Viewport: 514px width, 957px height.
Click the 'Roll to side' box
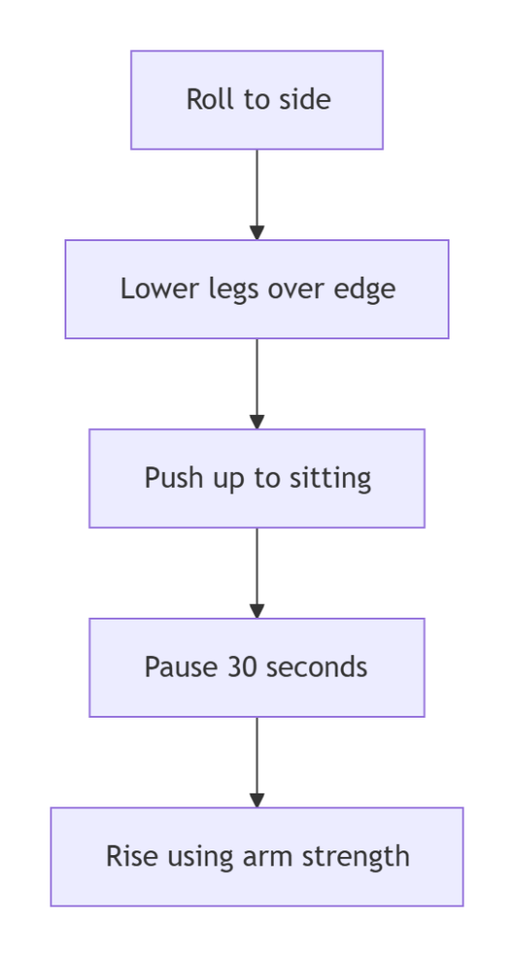tap(257, 100)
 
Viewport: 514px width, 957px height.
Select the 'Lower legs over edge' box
tap(257, 290)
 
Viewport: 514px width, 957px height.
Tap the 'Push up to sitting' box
tap(257, 478)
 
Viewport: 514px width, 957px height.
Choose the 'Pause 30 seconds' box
tap(257, 667)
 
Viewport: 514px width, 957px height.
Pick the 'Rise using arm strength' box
tap(257, 857)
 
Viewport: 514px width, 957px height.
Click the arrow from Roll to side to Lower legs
tap(257, 194)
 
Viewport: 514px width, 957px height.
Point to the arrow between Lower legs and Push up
tap(257, 384)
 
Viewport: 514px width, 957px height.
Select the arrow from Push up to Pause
tap(257, 573)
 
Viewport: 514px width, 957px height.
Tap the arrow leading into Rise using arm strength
tap(257, 763)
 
